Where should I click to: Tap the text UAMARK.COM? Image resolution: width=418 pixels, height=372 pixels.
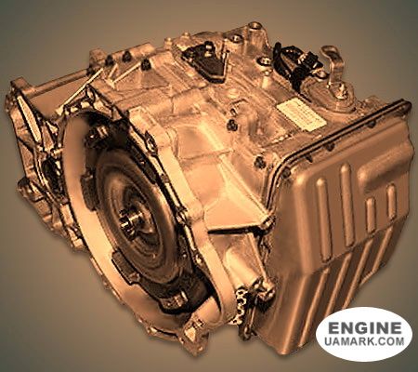(364, 341)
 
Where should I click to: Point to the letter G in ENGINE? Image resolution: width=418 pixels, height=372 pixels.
(361, 328)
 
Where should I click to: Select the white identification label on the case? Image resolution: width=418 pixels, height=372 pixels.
(300, 115)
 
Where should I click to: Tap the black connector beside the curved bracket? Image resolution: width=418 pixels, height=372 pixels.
(300, 65)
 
